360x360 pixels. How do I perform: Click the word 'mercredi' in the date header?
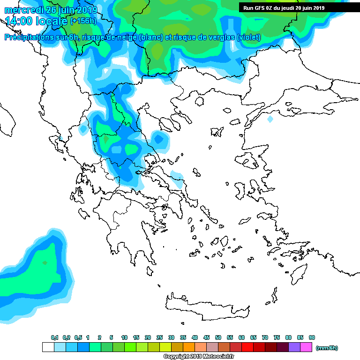coord(21,10)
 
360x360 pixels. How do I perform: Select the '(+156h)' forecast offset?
coord(85,21)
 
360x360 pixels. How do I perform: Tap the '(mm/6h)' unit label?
coord(327,348)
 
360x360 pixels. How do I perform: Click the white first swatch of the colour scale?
coord(48,347)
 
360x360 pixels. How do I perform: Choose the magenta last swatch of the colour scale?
coord(306,347)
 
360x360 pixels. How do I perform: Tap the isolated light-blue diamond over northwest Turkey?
coord(270,119)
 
